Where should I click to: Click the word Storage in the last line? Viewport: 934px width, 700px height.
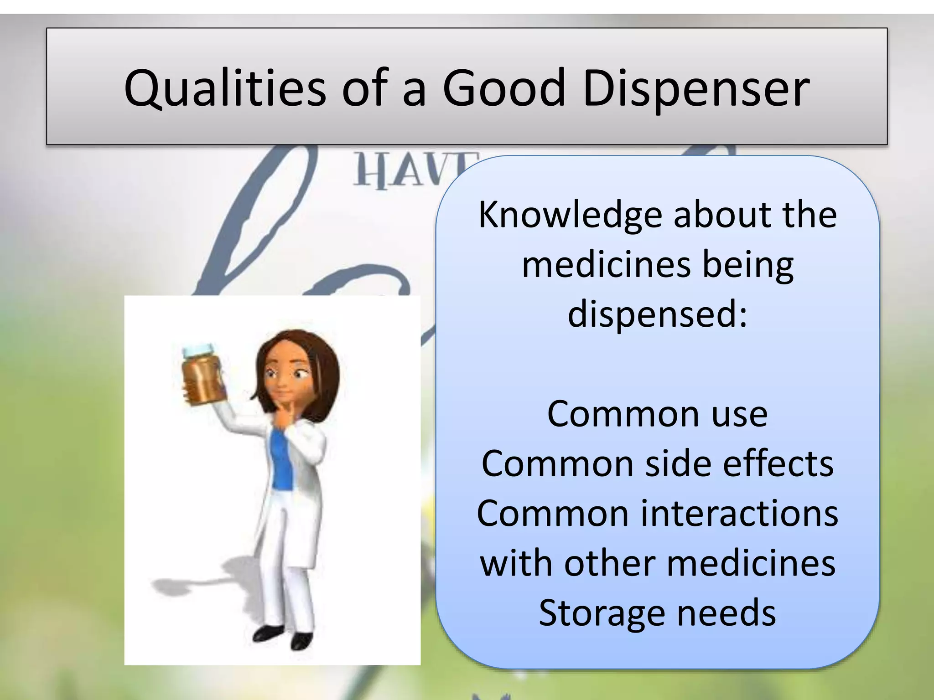coord(602,613)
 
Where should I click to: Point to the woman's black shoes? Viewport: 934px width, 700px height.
coord(283,636)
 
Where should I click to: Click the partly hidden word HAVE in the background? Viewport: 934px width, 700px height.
coord(410,171)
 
